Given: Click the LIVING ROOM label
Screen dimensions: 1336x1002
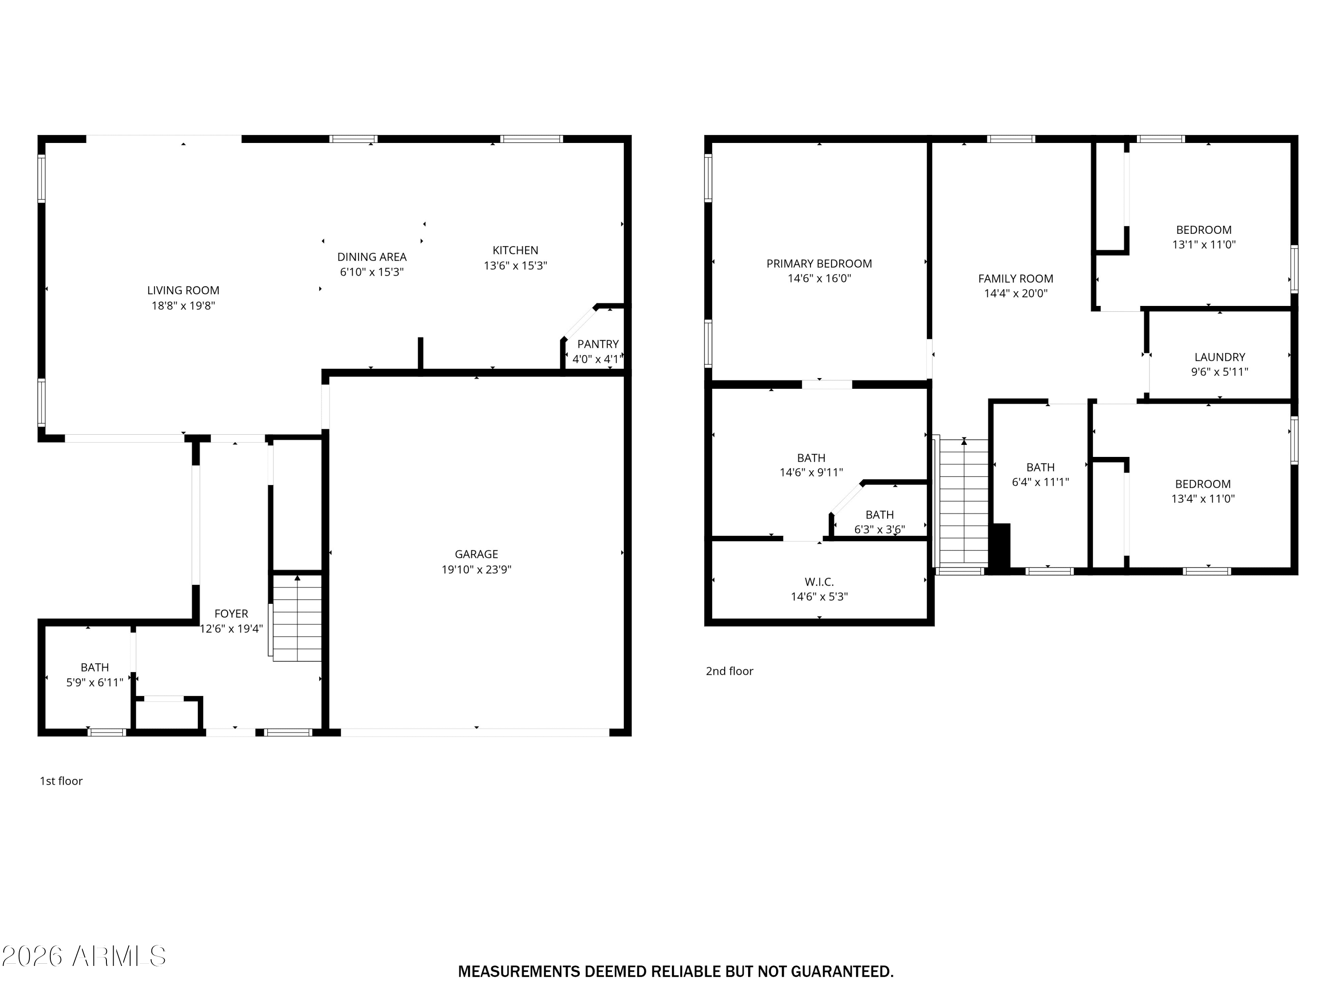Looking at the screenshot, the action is coord(183,290).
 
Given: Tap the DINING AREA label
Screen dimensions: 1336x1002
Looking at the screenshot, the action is coord(371,257).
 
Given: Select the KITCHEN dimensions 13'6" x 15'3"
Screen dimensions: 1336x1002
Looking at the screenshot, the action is coord(515,265).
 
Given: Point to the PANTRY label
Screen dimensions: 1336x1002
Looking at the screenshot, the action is coord(598,344).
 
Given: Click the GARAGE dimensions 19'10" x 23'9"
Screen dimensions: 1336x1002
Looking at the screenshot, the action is coord(477,569).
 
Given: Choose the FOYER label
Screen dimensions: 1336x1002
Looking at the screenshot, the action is coord(231,614).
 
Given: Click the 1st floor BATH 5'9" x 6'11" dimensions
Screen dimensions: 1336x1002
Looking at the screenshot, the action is coord(95,683).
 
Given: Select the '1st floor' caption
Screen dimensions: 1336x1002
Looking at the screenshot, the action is coord(61,781).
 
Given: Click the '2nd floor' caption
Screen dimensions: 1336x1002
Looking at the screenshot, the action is coord(729,671).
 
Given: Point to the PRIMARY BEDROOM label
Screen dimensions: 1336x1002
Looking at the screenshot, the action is coord(819,263).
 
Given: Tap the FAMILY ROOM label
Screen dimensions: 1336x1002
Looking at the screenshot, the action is coord(1016,278).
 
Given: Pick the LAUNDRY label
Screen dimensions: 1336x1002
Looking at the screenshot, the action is coord(1219,357).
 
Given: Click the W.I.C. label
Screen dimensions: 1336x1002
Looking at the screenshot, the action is coord(819,582).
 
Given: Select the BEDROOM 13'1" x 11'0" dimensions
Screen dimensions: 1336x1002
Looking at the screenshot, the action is coord(1204,244).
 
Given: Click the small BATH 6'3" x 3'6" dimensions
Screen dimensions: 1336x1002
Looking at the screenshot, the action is coord(880,530).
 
